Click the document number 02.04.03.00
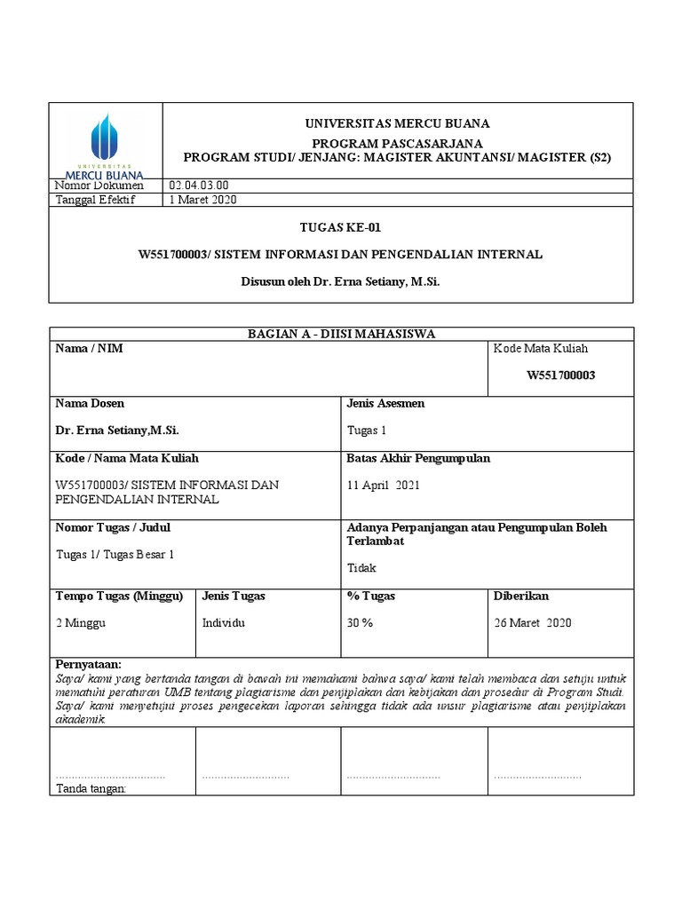pos(199,186)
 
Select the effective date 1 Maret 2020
pos(202,200)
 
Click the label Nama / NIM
pos(89,349)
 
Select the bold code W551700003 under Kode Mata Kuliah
pos(561,375)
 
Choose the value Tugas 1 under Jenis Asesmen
pos(366,431)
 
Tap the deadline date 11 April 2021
pos(383,486)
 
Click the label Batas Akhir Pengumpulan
pos(417,459)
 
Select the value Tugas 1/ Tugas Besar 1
pos(115,555)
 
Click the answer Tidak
pos(361,568)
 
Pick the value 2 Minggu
pos(81,623)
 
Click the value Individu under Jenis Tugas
pos(224,623)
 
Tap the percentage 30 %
pos(360,623)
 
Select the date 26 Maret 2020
pos(533,623)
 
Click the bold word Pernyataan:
pos(89,665)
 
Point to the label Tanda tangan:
pos(91,788)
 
